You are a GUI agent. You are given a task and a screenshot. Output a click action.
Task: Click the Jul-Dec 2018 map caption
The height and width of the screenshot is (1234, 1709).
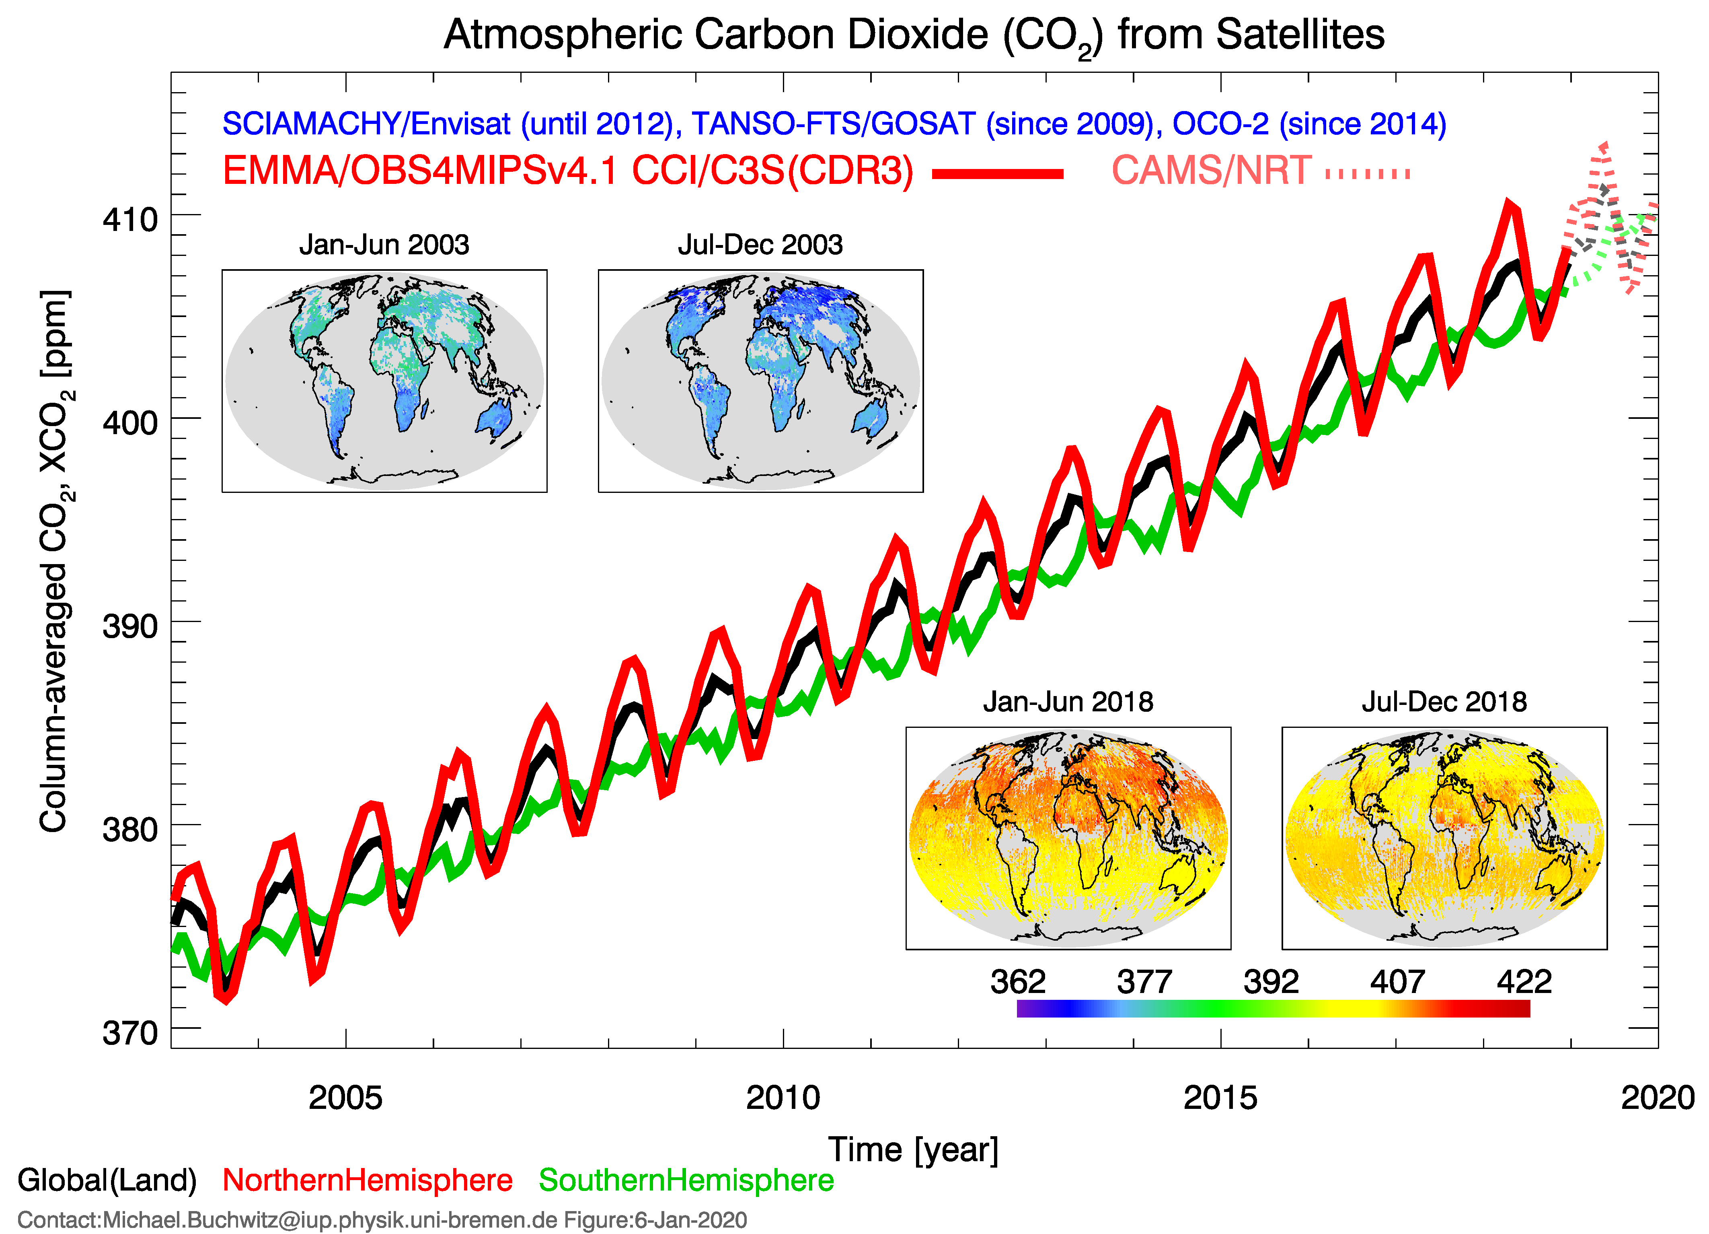coord(1444,702)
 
